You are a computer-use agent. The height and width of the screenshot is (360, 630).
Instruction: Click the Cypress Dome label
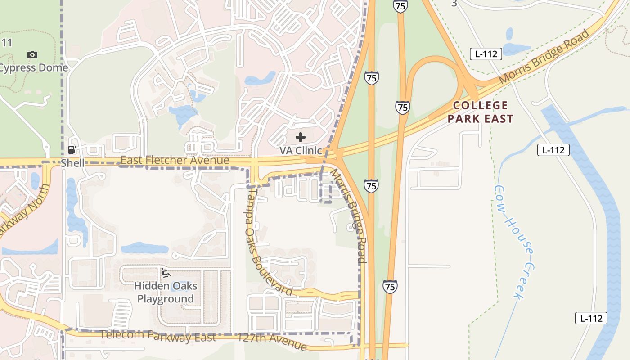click(33, 68)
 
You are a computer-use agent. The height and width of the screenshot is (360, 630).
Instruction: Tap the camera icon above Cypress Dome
click(32, 54)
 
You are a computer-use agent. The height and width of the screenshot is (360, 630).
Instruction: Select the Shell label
click(72, 163)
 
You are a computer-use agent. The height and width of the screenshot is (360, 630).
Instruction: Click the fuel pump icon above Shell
click(72, 150)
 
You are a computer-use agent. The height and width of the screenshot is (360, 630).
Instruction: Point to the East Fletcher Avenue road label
click(175, 160)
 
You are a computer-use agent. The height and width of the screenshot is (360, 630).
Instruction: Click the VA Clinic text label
click(301, 150)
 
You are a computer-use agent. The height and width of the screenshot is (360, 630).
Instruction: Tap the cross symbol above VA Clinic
click(301, 137)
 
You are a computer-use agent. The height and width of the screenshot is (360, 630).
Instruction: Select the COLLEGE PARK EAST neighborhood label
click(481, 112)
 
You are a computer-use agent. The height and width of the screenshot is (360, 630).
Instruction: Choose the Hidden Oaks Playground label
click(166, 292)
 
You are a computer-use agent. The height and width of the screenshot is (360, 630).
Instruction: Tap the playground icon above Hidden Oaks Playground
click(165, 273)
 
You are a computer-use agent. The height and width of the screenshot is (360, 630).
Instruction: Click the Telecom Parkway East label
click(157, 336)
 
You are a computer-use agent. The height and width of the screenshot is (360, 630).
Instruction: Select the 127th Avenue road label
click(272, 342)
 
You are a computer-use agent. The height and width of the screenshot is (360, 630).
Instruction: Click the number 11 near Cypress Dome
click(6, 43)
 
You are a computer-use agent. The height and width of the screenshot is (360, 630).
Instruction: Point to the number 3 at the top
click(454, 4)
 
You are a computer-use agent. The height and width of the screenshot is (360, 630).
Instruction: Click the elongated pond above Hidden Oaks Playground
click(144, 248)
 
